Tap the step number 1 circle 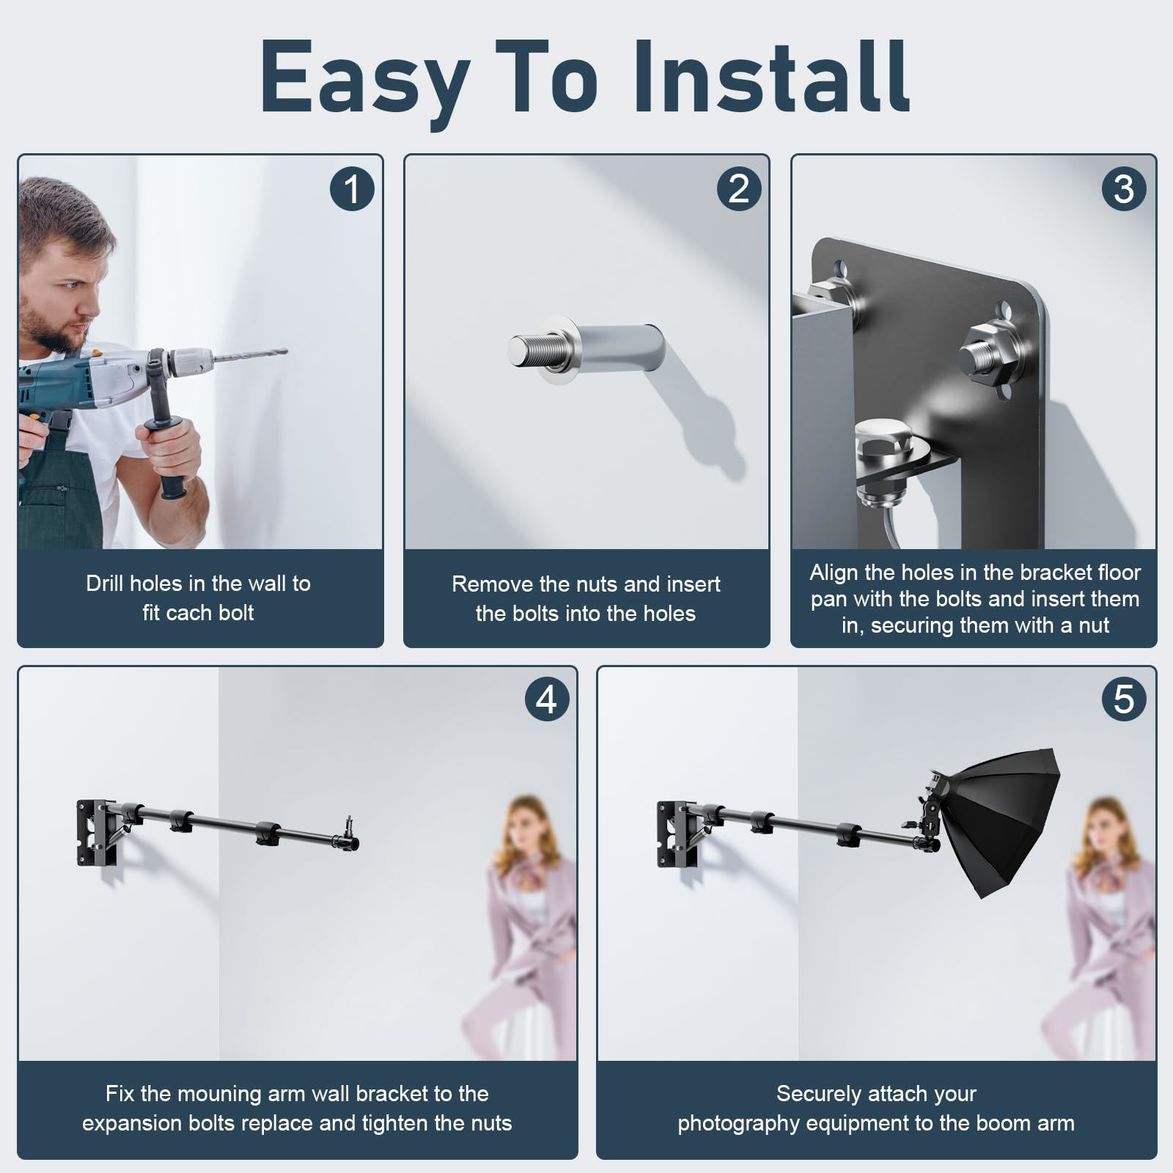point(352,188)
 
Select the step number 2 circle point(738,188)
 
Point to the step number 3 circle point(1124,188)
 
